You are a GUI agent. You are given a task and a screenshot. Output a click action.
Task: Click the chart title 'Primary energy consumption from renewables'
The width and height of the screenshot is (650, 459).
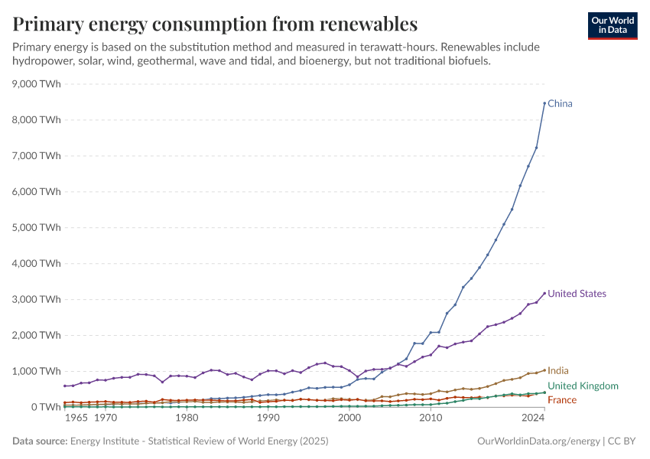coord(215,23)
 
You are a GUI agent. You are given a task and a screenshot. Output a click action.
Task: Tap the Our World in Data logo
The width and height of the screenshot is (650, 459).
coord(612,25)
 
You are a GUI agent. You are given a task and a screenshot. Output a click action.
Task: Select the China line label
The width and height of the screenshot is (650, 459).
coord(560,104)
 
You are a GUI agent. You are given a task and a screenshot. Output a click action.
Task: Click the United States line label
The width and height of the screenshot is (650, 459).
coord(577,294)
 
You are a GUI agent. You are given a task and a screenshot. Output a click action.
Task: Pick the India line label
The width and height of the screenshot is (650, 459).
coord(558,371)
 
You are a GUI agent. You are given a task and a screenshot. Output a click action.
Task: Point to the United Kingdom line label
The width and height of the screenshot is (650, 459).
coord(583,386)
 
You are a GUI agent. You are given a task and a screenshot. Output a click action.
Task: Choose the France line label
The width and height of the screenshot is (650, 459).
coord(562,401)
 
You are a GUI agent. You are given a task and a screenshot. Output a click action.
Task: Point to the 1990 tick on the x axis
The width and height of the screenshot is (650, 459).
coord(268,419)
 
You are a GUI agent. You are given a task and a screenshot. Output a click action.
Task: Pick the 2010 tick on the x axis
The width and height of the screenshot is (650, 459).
coord(431,419)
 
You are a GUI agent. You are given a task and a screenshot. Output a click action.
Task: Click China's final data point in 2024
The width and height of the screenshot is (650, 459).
coord(544,103)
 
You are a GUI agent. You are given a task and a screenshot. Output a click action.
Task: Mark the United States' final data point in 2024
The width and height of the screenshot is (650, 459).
coord(544,293)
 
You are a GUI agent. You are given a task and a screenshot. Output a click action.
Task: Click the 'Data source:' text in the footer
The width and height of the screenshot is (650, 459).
coord(40,441)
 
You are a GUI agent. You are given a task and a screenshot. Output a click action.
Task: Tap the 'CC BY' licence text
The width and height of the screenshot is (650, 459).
coord(622,441)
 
